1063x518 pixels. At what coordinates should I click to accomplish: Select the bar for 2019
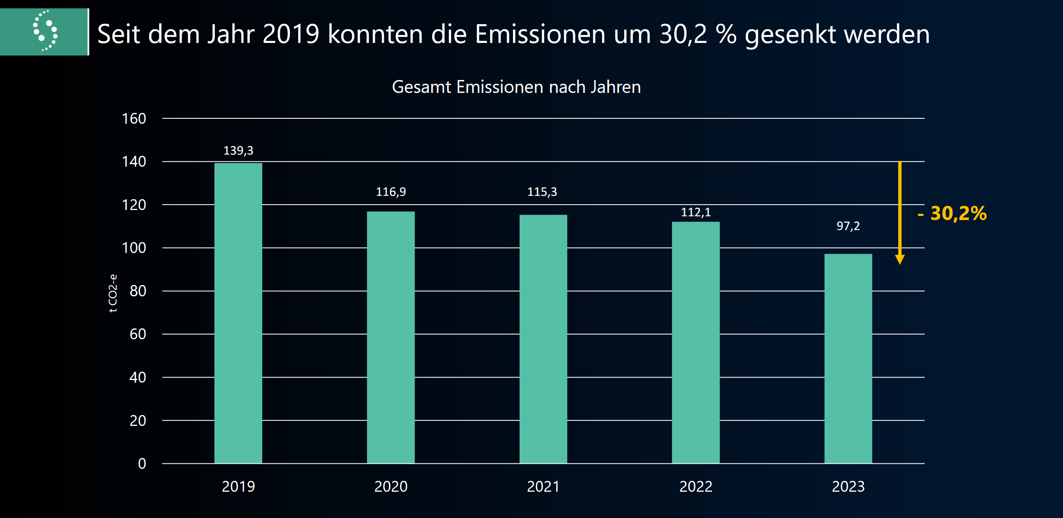coord(238,313)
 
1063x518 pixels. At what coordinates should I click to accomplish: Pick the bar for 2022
coord(695,342)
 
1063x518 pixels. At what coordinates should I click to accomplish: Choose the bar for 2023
coord(848,358)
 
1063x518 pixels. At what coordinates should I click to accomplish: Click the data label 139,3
coord(238,150)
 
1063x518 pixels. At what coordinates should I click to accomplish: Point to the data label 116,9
coord(391,192)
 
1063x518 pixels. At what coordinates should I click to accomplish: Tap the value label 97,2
coord(848,226)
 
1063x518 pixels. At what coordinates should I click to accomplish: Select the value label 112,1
coord(695,213)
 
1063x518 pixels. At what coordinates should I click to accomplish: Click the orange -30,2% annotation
coord(953,213)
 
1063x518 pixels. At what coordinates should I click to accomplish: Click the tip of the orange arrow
coord(899,263)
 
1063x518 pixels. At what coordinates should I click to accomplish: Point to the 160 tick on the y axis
coord(134,119)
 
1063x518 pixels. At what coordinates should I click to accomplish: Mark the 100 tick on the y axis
coord(134,248)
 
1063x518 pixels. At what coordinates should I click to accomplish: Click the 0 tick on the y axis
coord(142,463)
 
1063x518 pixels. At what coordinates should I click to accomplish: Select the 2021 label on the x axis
coord(543,486)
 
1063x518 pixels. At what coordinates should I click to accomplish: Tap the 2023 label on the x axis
coord(848,486)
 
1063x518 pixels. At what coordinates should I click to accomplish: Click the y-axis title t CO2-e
coord(113,293)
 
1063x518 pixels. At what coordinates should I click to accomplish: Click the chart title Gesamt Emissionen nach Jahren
coord(516,87)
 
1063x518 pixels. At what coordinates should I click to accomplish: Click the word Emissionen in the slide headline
coord(540,34)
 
